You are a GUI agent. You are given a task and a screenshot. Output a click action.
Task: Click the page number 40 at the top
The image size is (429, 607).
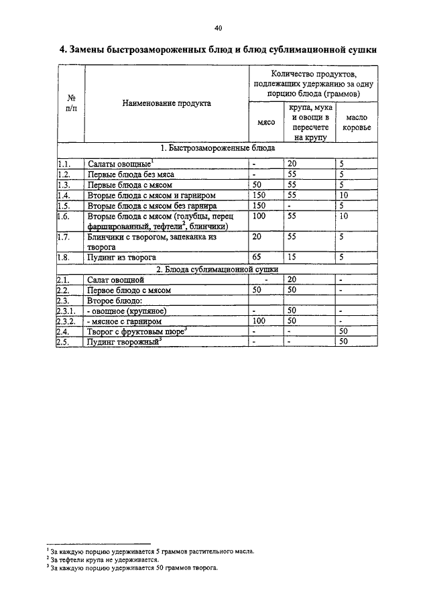[218, 28]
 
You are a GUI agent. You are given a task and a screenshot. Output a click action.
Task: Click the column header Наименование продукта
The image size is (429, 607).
[166, 103]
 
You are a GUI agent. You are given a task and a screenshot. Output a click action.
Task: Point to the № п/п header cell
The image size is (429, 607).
[70, 103]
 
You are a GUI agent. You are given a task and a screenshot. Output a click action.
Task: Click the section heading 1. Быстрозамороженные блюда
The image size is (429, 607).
[217, 148]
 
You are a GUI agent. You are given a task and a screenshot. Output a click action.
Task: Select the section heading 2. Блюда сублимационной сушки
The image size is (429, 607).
[217, 268]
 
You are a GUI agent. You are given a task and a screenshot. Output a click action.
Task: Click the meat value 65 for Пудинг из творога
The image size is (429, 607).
[259, 257]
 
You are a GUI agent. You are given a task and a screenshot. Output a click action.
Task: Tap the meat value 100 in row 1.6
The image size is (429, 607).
[261, 216]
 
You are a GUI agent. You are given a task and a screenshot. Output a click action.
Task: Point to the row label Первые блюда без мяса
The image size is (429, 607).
[131, 174]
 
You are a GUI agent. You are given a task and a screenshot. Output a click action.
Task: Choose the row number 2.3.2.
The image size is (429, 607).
[68, 321]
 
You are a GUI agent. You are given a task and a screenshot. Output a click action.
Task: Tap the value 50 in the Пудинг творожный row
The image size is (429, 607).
[344, 341]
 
